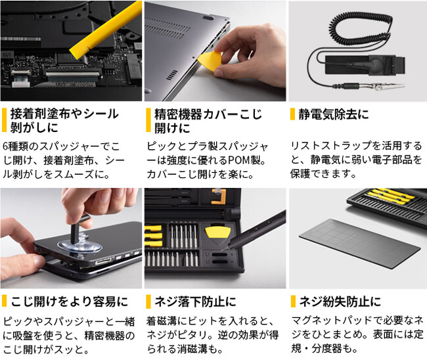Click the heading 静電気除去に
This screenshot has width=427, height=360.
333,114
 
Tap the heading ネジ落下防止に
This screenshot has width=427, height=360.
195,302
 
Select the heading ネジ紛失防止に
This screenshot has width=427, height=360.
340,302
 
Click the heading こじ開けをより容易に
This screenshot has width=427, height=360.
69,302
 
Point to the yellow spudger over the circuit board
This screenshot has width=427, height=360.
106,30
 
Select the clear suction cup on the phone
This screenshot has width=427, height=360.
79,246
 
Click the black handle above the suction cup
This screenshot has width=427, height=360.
79,227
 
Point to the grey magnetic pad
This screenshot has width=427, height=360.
360,243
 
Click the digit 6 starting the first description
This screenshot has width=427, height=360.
6,146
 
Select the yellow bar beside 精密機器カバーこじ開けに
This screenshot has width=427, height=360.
148,120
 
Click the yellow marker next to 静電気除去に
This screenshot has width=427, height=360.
292,114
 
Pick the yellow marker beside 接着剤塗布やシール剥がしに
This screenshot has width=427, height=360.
4,120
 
